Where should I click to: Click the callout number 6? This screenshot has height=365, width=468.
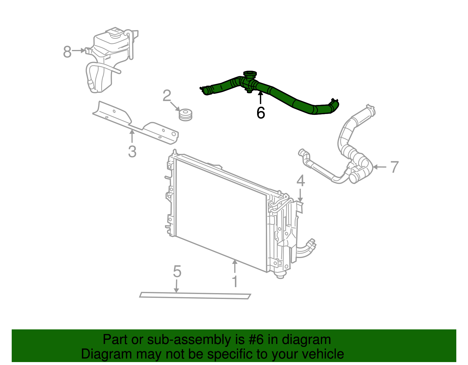click(260, 113)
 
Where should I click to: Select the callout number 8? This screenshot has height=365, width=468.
click(67, 52)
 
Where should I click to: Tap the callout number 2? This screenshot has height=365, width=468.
click(167, 96)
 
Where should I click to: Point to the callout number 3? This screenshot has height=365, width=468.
click(132, 152)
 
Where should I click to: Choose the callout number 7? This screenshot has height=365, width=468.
click(394, 167)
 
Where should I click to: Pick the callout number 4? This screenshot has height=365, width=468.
click(301, 181)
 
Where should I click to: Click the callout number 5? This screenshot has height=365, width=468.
click(177, 271)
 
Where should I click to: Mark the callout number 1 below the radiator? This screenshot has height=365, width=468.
click(235, 281)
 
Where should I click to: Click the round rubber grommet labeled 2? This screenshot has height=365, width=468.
click(185, 114)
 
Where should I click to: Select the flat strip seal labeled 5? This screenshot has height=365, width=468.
click(195, 295)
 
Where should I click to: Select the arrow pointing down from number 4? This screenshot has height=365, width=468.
click(300, 196)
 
